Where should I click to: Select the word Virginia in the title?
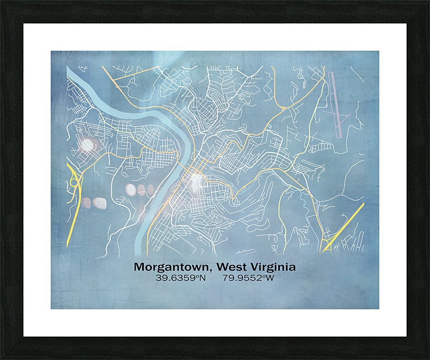[271, 267]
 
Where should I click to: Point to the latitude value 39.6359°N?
[180, 278]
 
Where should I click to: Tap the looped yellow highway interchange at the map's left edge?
[75, 182]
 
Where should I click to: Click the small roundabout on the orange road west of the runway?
[283, 109]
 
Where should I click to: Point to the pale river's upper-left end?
[69, 71]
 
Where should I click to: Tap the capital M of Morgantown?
[139, 267]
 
